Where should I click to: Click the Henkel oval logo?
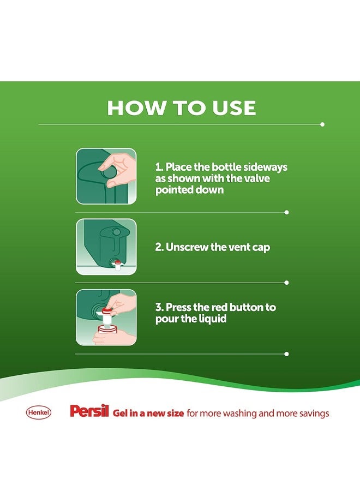pos(39,413)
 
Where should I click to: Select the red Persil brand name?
pos(89,412)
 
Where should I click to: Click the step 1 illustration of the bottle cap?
pos(106,176)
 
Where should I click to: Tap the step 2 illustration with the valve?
pos(106,247)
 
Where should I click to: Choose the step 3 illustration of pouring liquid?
pos(106,318)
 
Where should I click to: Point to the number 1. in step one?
pos(159,167)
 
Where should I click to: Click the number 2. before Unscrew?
pos(159,247)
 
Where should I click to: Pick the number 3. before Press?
pos(159,307)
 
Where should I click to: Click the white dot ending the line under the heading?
pos(322,124)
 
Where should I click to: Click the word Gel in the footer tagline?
pos(121,413)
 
